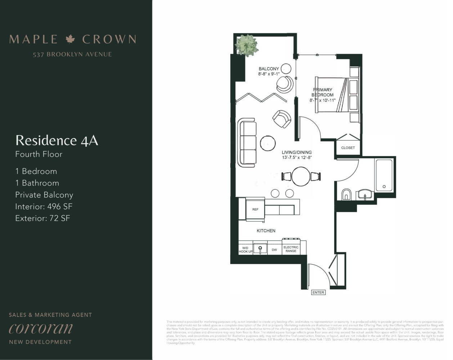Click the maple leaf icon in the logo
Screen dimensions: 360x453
point(70,39)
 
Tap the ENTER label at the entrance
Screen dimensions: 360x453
point(318,292)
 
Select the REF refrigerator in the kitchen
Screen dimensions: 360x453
point(255,209)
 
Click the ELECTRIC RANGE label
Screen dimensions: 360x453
point(291,249)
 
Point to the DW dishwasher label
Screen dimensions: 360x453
point(274,249)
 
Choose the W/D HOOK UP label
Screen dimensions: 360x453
point(246,249)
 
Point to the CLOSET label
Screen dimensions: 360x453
point(348,148)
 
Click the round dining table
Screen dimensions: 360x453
point(301,176)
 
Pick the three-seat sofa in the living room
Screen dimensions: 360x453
point(247,143)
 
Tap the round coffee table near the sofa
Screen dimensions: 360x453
point(268,142)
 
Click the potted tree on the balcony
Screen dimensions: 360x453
point(247,45)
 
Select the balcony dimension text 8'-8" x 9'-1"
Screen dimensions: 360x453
point(269,74)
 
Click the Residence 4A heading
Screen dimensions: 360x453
point(57,140)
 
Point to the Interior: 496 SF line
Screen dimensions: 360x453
point(44,206)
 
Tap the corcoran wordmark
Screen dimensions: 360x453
point(41,328)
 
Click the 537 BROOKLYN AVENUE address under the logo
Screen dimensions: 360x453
point(72,54)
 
